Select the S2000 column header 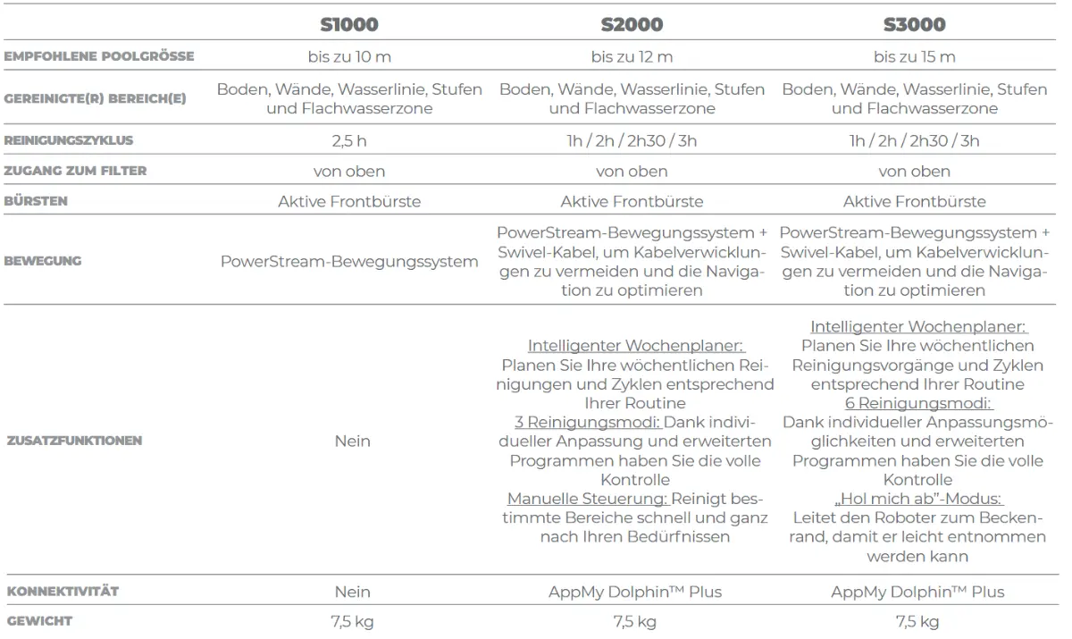pyautogui.click(x=632, y=24)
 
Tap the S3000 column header pyautogui.click(x=914, y=24)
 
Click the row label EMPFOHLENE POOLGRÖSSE pyautogui.click(x=98, y=57)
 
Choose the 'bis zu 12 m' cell pyautogui.click(x=632, y=57)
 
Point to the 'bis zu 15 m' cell pyautogui.click(x=914, y=57)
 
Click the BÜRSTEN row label pyautogui.click(x=37, y=201)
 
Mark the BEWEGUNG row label pyautogui.click(x=44, y=261)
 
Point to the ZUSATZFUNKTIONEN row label pyautogui.click(x=73, y=441)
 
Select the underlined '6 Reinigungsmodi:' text pyautogui.click(x=914, y=403)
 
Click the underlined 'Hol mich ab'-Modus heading pyautogui.click(x=914, y=499)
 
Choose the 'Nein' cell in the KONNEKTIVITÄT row pyautogui.click(x=352, y=592)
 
